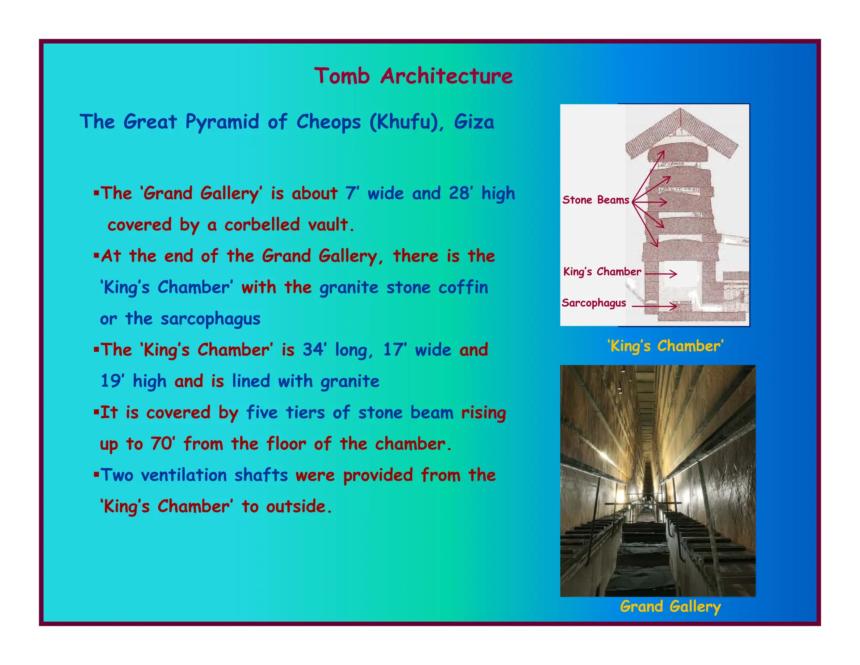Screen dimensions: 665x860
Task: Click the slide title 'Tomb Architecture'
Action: (x=413, y=76)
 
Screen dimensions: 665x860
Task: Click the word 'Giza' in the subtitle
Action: (x=474, y=122)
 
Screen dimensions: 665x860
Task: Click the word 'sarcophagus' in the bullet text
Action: (x=210, y=319)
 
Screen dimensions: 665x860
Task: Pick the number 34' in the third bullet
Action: (x=315, y=350)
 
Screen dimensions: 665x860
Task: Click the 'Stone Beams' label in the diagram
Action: (x=595, y=200)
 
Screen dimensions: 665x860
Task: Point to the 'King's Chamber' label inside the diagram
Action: (x=602, y=272)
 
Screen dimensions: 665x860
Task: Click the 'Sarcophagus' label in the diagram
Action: (x=593, y=303)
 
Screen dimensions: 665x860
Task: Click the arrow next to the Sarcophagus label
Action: (x=654, y=306)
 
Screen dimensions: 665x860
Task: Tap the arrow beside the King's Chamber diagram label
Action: (x=661, y=274)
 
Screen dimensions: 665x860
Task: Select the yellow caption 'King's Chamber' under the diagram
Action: (x=665, y=346)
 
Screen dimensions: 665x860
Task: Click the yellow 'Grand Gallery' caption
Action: (x=670, y=606)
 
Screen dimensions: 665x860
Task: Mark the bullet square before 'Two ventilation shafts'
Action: (x=96, y=475)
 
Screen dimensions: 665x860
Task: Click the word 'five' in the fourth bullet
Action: (x=262, y=412)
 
